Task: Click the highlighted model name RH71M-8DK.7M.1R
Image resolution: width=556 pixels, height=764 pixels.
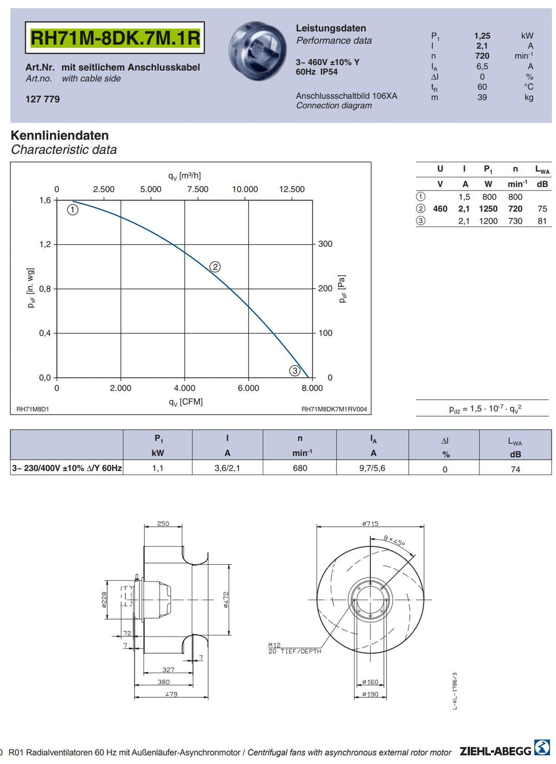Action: click(x=115, y=38)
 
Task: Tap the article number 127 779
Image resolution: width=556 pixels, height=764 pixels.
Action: click(x=43, y=99)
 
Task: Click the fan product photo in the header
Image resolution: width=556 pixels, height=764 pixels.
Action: click(x=257, y=51)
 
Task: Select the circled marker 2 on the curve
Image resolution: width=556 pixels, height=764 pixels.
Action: click(x=215, y=267)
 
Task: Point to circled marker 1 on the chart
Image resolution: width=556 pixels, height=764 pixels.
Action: click(x=73, y=210)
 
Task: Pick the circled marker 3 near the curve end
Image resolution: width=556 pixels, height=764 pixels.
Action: click(x=295, y=370)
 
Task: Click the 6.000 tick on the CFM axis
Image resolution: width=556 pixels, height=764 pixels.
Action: click(x=248, y=388)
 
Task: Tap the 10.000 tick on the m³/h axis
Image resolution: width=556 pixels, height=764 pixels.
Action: click(x=245, y=190)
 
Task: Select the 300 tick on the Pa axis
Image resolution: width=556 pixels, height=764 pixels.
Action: click(x=325, y=244)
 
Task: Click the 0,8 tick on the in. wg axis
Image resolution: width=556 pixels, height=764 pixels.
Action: click(x=45, y=289)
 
